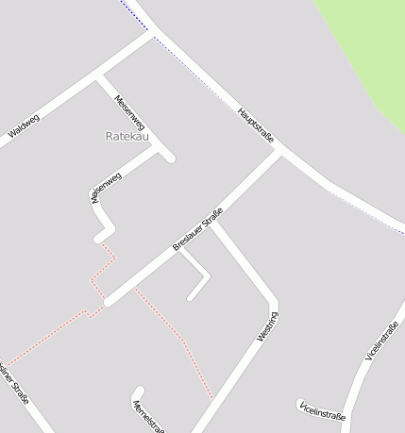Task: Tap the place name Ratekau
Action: (127, 137)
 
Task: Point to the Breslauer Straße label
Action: (197, 229)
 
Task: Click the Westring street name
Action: (267, 326)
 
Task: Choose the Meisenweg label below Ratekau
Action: (106, 189)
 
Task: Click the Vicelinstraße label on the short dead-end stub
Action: (322, 409)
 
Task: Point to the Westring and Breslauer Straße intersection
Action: (214, 224)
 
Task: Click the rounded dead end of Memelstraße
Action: (139, 391)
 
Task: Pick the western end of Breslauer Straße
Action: (108, 302)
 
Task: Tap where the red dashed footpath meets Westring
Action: (212, 397)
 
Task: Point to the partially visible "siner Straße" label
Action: (15, 383)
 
